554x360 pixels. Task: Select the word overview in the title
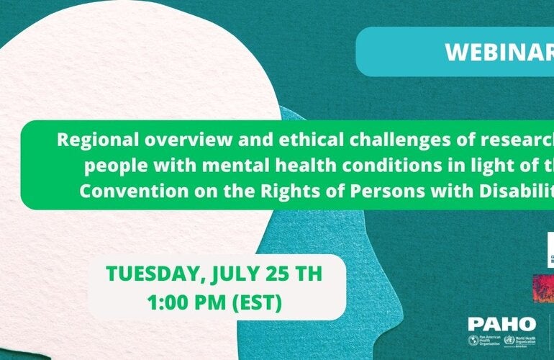coord(168,140)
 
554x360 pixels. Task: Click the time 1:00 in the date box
coord(168,302)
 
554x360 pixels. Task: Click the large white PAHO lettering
coord(501,324)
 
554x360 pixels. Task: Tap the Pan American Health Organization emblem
coord(473,341)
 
